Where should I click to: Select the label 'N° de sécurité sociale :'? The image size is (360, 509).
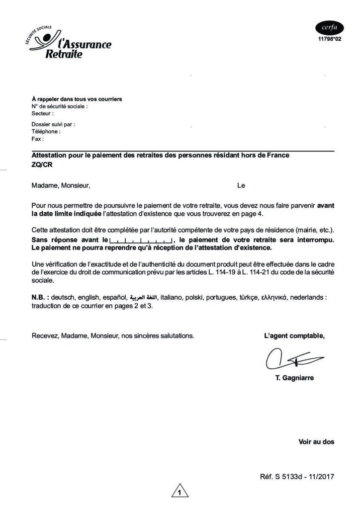pyautogui.click(x=60, y=106)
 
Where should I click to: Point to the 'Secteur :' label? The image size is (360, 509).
pyautogui.click(x=42, y=113)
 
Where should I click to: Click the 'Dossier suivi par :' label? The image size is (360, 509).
pyautogui.click(x=53, y=125)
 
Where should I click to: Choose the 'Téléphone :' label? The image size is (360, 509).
pyautogui.click(x=46, y=132)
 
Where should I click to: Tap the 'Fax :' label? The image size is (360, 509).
pyautogui.click(x=38, y=139)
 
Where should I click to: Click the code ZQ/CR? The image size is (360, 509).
pyautogui.click(x=42, y=165)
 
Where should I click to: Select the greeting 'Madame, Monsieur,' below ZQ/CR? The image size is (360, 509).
pyautogui.click(x=61, y=186)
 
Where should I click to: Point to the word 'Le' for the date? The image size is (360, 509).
pyautogui.click(x=241, y=186)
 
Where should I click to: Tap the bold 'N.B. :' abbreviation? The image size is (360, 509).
pyautogui.click(x=40, y=297)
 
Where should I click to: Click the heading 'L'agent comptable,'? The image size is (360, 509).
pyautogui.click(x=294, y=336)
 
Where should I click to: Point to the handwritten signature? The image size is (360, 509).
pyautogui.click(x=293, y=358)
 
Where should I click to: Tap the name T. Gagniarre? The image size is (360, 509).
pyautogui.click(x=294, y=378)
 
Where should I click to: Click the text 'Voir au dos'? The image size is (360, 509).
pyautogui.click(x=316, y=441)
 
